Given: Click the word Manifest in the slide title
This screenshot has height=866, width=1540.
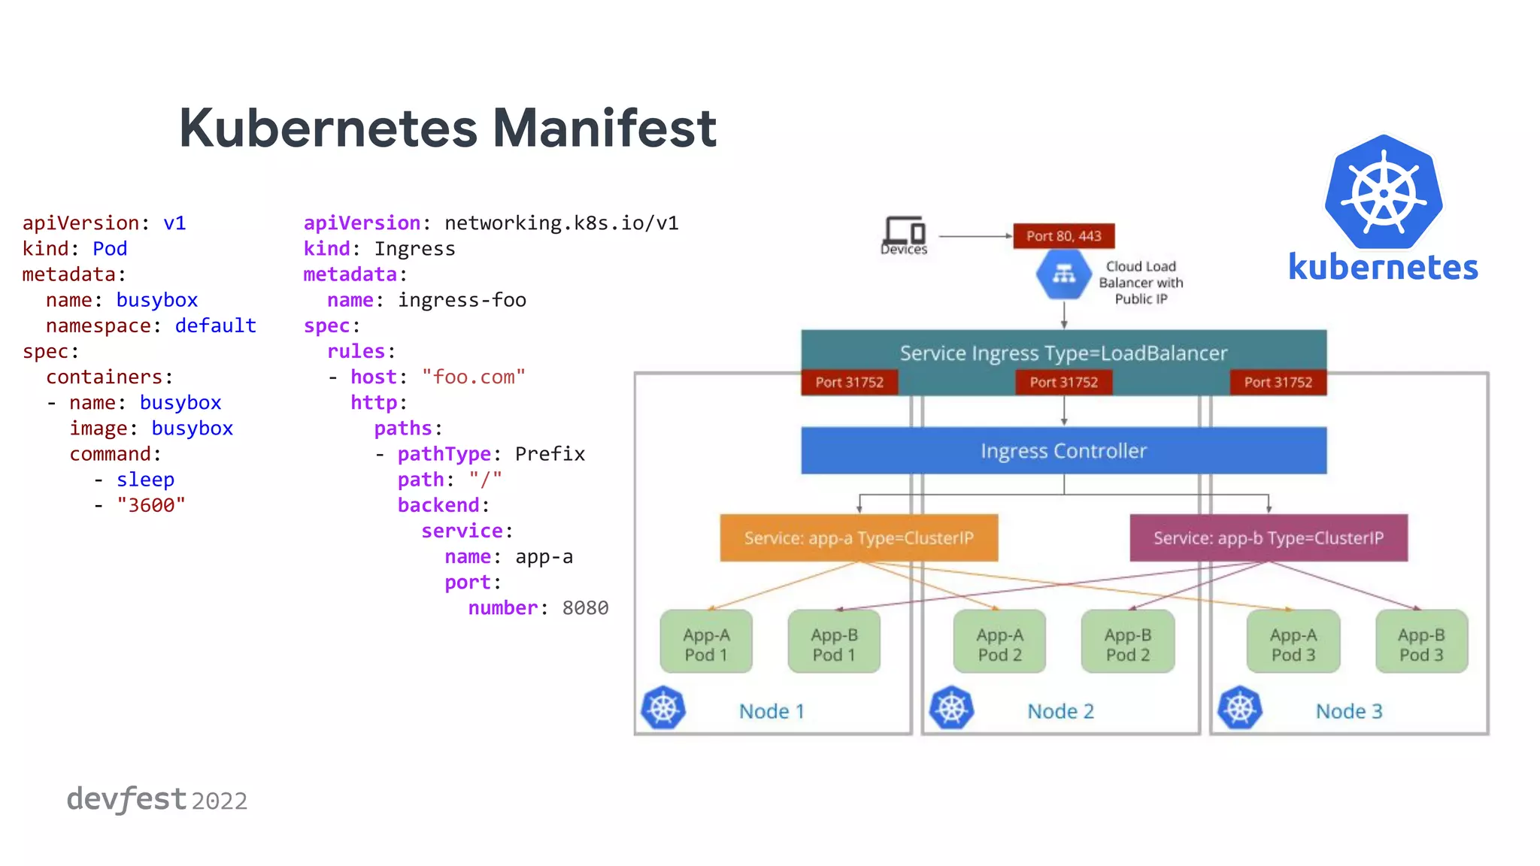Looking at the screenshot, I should (604, 128).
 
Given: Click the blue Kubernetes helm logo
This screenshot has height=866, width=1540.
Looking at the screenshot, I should (1384, 192).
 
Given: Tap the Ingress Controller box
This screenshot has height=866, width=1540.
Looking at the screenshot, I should (1063, 450).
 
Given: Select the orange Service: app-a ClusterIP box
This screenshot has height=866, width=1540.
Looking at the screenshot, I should (859, 537).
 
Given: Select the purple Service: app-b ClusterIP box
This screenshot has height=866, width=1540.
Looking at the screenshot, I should (1269, 537).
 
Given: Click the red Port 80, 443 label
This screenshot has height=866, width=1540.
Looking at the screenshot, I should (1063, 236).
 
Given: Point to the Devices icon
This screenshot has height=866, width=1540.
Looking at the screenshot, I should (904, 233).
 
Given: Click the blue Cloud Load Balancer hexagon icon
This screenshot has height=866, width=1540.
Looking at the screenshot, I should (1063, 275).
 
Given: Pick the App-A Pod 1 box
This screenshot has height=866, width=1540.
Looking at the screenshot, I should (706, 643).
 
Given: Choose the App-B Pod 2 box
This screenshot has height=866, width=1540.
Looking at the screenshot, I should (1127, 643).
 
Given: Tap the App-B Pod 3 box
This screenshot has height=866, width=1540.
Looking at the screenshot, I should (1421, 643).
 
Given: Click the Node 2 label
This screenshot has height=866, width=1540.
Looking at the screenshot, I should (1060, 711).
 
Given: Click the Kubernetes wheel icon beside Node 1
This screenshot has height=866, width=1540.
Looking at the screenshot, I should (663, 707).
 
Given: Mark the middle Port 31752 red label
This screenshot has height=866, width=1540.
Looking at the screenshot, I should (1063, 382).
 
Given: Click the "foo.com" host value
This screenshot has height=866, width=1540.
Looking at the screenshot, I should (473, 377).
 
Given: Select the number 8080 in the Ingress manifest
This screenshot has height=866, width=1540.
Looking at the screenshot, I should (585, 607).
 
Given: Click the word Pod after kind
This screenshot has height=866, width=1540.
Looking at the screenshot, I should (110, 249).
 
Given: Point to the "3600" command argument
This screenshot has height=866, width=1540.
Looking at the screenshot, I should (150, 505).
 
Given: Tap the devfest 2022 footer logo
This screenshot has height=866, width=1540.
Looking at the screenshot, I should (156, 799).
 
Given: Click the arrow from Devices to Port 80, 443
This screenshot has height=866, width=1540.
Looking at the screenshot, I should (975, 236).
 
